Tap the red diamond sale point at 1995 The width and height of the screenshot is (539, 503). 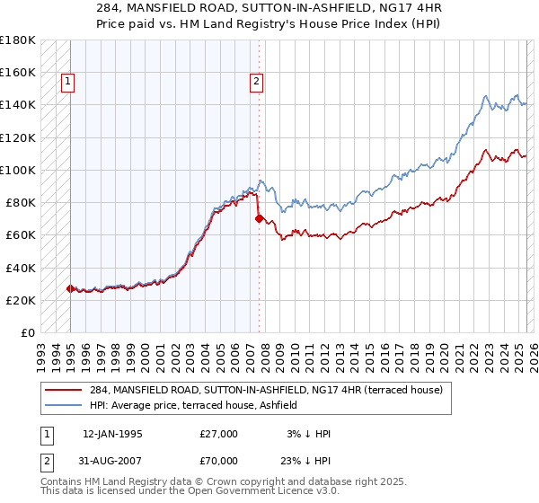tap(70, 288)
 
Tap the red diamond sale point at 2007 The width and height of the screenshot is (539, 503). tap(259, 218)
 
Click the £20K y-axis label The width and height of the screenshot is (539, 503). tap(21, 300)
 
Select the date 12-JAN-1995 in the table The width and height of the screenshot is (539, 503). tap(112, 434)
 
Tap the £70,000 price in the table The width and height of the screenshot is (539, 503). tap(219, 461)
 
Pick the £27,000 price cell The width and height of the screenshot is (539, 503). tap(219, 434)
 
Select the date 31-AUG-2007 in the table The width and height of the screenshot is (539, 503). tap(112, 461)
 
